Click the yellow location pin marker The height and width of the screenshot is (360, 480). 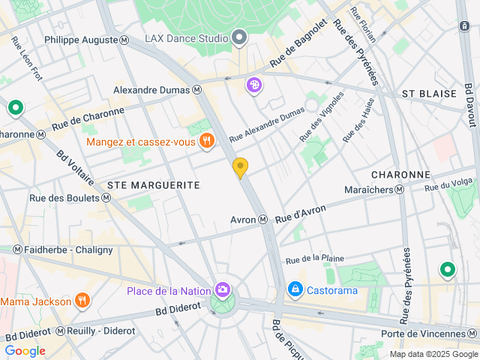pos(240,167)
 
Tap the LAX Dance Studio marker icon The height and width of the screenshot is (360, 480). pos(239,37)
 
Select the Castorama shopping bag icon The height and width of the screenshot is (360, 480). pos(295,289)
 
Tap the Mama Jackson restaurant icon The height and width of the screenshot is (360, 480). pos(82,301)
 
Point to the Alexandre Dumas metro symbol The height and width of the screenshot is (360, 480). pos(197,89)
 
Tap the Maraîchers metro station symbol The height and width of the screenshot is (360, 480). pos(400,190)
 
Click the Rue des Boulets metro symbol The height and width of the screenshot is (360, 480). pos(106,198)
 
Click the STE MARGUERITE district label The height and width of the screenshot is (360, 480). pos(154,184)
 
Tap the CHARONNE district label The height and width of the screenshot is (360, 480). pos(400,174)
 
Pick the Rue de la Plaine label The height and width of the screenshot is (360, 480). pos(315,259)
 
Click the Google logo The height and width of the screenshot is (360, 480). pos(25,350)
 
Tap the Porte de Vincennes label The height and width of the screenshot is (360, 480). pos(433,334)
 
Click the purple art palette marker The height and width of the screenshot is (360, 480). pos(254,85)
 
